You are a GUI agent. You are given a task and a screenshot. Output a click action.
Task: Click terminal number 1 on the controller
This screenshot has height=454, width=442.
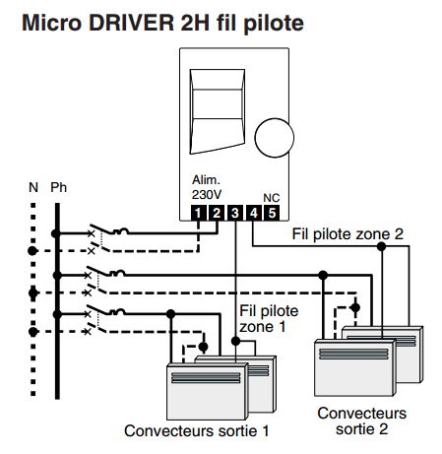[198, 213]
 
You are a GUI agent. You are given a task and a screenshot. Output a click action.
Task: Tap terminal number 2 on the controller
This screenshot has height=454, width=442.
[217, 213]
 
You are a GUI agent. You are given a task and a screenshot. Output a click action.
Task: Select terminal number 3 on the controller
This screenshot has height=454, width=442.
[235, 213]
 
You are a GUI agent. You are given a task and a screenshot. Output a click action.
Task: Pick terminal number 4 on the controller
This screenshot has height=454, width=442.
[253, 213]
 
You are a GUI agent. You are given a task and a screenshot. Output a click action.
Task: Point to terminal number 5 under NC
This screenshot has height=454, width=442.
[272, 213]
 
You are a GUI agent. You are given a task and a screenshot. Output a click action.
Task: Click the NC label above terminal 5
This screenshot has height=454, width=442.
[272, 198]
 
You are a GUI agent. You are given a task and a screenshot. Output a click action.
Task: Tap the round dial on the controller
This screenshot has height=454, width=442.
[275, 138]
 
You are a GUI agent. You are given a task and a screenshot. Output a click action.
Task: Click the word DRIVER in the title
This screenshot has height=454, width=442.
[131, 23]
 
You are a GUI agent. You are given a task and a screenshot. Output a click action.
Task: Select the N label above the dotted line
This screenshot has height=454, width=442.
[33, 187]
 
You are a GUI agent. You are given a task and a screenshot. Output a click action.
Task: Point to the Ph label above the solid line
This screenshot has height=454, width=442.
[58, 187]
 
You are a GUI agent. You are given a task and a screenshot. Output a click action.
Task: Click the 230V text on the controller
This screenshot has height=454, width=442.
[207, 195]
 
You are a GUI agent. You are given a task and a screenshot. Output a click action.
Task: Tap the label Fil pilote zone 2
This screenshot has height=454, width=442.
[347, 234]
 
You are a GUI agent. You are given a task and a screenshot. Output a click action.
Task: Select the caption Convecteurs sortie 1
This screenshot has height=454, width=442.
[197, 431]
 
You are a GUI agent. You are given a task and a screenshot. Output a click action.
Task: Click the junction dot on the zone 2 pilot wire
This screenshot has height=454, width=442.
[381, 246]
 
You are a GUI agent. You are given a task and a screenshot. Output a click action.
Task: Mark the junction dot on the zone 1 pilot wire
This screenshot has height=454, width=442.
[235, 341]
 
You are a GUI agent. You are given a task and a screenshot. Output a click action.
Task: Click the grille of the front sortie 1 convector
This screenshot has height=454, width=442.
[206, 378]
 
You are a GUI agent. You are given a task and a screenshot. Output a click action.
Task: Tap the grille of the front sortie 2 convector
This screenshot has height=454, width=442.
[353, 354]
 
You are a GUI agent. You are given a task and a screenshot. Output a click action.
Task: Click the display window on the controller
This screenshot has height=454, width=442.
[218, 111]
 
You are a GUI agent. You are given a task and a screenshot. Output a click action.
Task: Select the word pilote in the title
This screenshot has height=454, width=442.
[274, 24]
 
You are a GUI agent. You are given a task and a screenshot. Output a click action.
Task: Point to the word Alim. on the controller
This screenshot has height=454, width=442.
[206, 180]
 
